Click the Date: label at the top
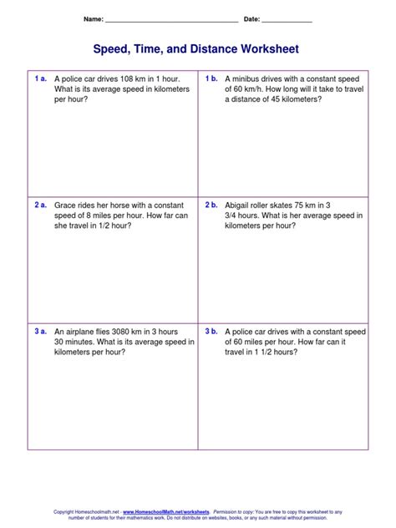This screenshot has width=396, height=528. click(251, 18)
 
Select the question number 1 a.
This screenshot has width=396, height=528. click(40, 78)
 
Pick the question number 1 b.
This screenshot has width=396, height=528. click(211, 78)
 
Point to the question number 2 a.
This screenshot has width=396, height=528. click(40, 204)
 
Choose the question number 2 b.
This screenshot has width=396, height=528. click(211, 204)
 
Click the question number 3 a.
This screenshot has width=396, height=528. click(40, 331)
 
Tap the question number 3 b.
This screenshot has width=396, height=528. click(211, 331)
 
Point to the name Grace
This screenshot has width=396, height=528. click(66, 204)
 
